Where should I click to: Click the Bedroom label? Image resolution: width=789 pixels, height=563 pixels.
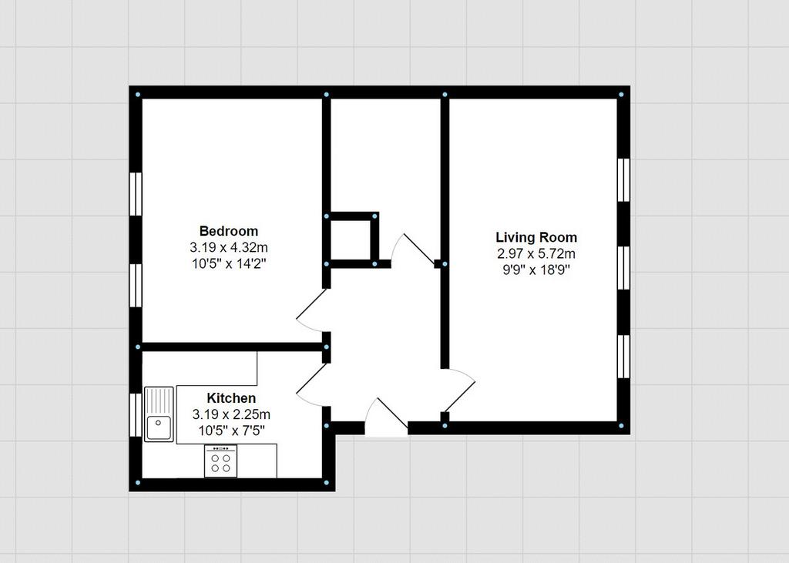[228, 231]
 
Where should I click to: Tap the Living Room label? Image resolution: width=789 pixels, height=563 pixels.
[536, 237]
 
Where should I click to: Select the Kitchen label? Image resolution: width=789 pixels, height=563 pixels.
[231, 398]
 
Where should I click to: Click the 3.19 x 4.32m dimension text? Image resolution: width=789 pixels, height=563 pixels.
[228, 247]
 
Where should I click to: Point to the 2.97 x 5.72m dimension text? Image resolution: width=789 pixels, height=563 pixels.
[536, 253]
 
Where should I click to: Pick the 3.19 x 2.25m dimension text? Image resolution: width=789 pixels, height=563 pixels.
[231, 414]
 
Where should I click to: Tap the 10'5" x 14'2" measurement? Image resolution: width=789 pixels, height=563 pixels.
[228, 263]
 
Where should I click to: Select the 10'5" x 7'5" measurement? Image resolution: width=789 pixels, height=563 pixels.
[231, 431]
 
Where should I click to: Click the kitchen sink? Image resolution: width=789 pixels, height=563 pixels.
[159, 414]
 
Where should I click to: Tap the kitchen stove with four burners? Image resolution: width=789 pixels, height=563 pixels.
[220, 461]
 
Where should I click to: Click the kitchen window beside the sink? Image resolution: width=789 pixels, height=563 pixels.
[136, 414]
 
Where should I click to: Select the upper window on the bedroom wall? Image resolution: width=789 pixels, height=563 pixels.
[136, 194]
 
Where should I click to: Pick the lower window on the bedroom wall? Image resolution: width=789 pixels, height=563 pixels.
[136, 285]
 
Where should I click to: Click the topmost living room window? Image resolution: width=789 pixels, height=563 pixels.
[623, 180]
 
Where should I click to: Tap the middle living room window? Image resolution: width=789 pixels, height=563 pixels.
[623, 268]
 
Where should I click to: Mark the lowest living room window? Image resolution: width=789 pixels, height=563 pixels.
[623, 357]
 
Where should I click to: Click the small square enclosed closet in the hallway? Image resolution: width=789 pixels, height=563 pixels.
[351, 240]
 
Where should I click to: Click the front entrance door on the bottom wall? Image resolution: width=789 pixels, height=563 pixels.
[385, 419]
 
